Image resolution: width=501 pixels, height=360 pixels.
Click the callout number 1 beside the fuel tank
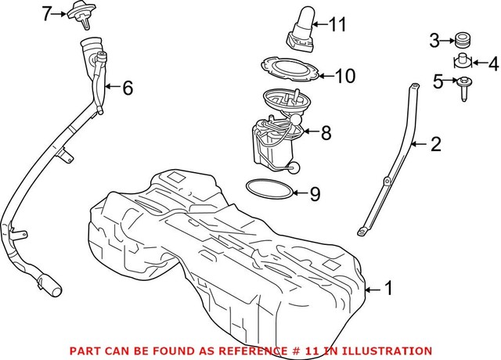(387, 289)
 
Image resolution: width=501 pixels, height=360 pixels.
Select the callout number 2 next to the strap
(436, 144)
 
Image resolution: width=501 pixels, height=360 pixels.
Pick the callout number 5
(438, 80)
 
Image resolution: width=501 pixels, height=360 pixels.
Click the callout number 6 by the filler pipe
(127, 88)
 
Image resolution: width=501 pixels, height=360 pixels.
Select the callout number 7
(47, 13)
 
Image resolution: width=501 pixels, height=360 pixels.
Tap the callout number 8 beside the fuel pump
(326, 134)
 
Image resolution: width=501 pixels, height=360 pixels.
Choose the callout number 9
(315, 193)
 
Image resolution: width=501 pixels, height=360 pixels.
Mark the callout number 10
(344, 76)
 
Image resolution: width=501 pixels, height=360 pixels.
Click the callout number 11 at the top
(337, 25)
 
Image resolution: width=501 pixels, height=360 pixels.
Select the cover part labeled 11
(301, 26)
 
